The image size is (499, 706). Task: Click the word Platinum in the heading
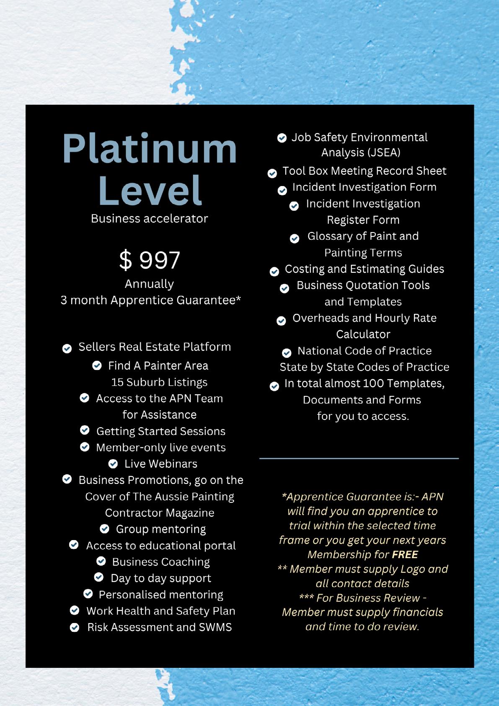(x=150, y=149)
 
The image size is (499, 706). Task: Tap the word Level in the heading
(x=150, y=191)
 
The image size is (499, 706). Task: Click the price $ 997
(x=150, y=260)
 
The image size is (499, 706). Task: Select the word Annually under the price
(x=149, y=284)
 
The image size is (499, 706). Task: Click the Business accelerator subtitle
(x=149, y=219)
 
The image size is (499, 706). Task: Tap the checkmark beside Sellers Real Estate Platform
(x=67, y=349)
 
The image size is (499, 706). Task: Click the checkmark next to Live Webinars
(x=113, y=464)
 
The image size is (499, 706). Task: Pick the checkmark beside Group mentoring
(x=105, y=529)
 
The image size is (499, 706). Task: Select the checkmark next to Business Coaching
(x=101, y=561)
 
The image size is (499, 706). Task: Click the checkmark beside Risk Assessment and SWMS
(x=75, y=627)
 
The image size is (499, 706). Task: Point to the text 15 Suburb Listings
(x=159, y=382)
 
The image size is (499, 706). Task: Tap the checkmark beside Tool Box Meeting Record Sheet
(x=272, y=173)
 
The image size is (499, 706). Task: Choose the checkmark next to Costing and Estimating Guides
(x=274, y=272)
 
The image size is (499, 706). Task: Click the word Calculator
(x=363, y=334)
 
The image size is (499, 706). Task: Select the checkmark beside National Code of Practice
(x=287, y=353)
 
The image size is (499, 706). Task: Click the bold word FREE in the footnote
(x=405, y=555)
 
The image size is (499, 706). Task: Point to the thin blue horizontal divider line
(x=359, y=458)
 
